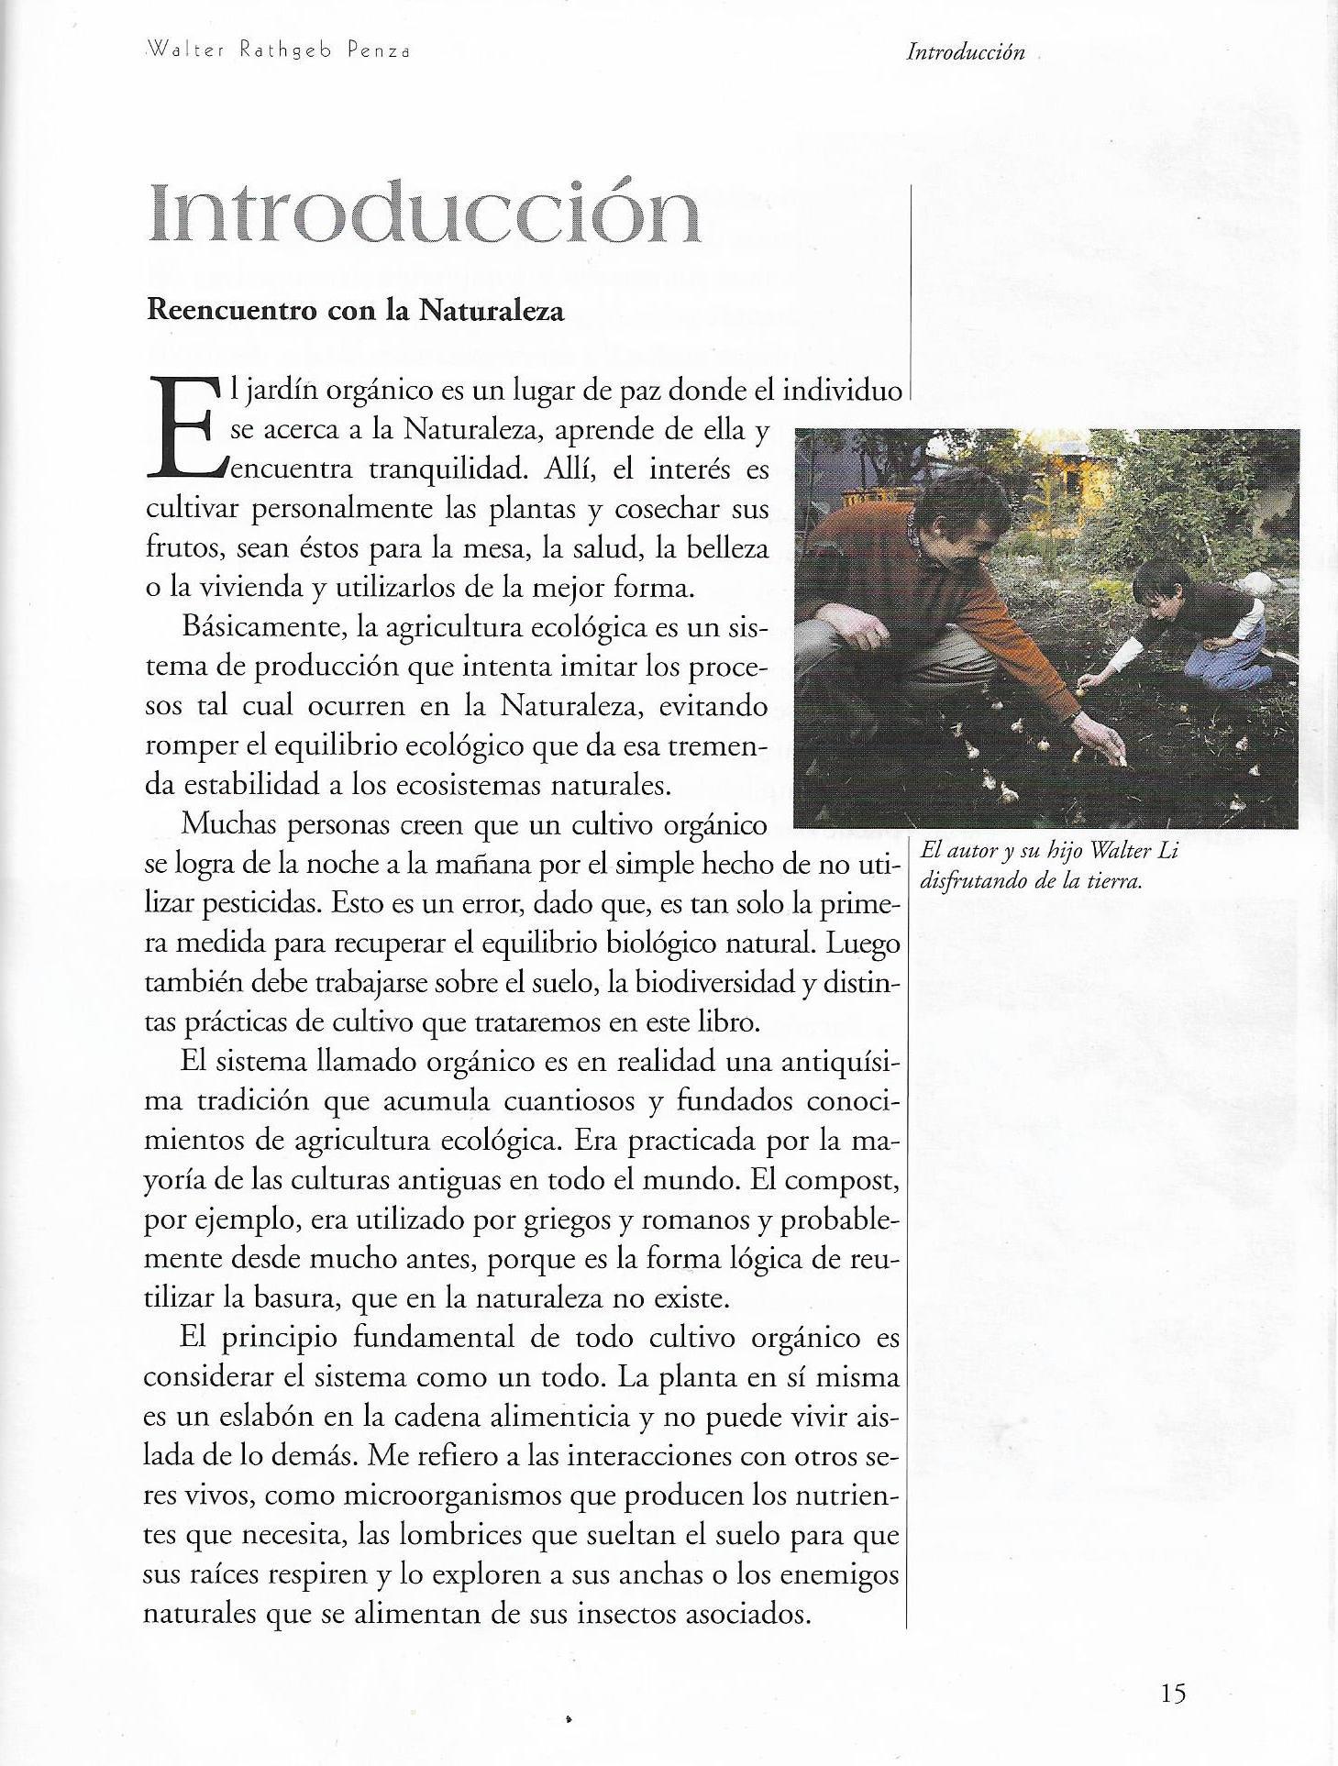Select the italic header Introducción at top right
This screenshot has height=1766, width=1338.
tap(965, 52)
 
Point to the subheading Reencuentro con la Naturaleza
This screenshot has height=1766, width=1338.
tap(355, 312)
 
